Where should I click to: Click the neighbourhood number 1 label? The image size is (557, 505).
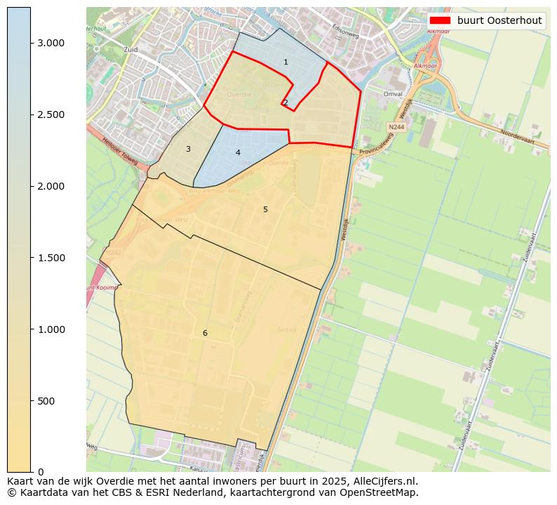tap(286, 63)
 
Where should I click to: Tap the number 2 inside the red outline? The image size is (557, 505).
tap(286, 103)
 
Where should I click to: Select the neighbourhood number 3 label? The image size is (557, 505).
tap(188, 149)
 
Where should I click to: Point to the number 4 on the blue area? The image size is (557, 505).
tap(238, 152)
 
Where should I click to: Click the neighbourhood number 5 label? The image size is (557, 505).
tap(265, 209)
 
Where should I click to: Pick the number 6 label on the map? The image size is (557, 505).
tap(205, 333)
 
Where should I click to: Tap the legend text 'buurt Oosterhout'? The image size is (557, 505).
tap(499, 20)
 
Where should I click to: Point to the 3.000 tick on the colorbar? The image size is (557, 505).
tap(51, 43)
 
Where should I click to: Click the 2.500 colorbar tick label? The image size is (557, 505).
tap(51, 114)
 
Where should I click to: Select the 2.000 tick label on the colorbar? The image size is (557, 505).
tap(51, 186)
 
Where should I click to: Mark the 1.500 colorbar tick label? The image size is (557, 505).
tap(51, 258)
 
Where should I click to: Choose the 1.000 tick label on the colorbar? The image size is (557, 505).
tap(51, 329)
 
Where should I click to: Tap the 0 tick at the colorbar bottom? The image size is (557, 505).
tap(41, 472)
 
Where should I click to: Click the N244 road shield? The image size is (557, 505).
tap(396, 127)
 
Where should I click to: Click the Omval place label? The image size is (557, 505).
tap(394, 93)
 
